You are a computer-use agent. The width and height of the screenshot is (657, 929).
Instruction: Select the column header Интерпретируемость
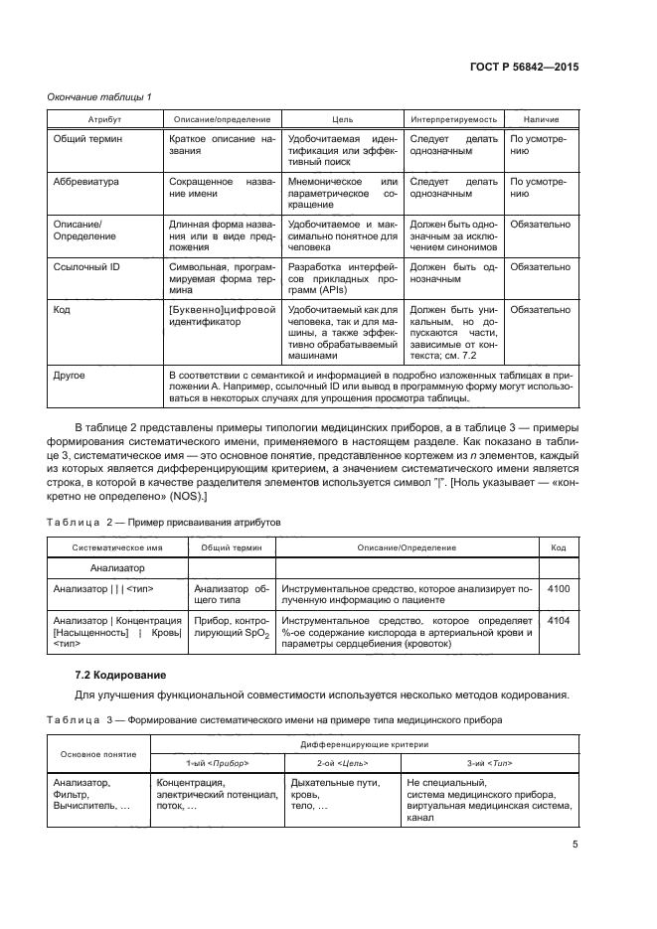tap(452, 118)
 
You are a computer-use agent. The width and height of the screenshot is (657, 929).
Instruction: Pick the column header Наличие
tap(540, 118)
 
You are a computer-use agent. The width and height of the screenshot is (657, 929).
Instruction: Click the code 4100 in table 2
tap(559, 589)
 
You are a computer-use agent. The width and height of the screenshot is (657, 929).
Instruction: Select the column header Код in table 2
tap(559, 547)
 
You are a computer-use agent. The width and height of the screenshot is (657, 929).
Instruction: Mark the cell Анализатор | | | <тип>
tap(111, 589)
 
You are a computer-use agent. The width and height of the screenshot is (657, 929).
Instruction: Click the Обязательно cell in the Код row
tap(540, 310)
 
